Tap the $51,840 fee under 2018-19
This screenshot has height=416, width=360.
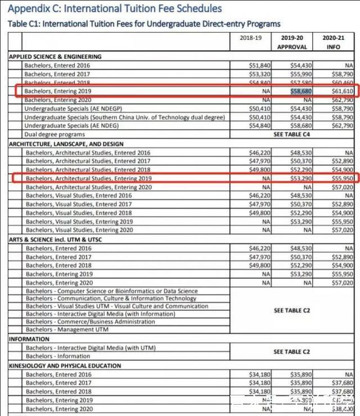[259, 66]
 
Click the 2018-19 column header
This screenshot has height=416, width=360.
[251, 38]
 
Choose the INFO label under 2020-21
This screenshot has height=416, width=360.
[334, 47]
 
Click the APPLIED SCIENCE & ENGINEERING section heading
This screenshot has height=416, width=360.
[55, 57]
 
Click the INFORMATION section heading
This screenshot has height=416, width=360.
[29, 339]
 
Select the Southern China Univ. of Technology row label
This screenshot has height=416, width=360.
[124, 117]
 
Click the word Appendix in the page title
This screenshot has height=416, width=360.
[30, 8]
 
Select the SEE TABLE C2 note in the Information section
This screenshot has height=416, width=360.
[292, 352]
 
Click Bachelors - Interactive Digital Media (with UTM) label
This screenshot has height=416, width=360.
[89, 348]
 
